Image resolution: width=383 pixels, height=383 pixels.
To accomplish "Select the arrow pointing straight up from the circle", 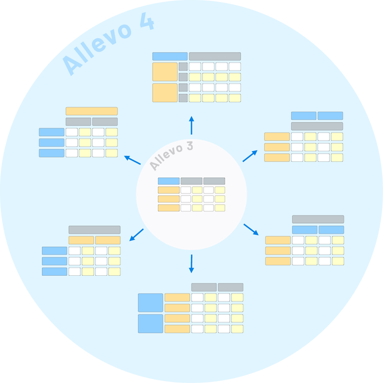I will click(x=191, y=125).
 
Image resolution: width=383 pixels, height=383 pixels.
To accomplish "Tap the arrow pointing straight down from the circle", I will click(x=191, y=264).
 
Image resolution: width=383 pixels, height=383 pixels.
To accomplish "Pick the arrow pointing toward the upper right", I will click(x=250, y=156).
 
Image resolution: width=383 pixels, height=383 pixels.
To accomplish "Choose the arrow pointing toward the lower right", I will click(x=251, y=229).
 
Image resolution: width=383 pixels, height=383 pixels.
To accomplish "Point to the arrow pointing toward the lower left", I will click(x=136, y=235).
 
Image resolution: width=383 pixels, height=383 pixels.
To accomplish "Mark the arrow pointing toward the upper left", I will click(x=132, y=160).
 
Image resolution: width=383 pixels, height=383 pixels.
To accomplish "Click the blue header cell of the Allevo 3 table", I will click(x=169, y=181).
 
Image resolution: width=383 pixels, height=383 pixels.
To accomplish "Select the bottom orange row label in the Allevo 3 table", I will click(x=169, y=208).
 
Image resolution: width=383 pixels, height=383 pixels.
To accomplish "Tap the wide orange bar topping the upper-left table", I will click(x=91, y=111).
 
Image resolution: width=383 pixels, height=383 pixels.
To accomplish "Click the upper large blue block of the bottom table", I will click(x=150, y=303).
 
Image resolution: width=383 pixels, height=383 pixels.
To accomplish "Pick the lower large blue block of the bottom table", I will click(x=150, y=323).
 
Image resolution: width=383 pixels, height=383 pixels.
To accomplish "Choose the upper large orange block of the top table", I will click(x=165, y=72).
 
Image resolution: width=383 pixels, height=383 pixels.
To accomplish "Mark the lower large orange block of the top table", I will click(x=165, y=92).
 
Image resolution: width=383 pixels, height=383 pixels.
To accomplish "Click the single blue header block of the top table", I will click(x=170, y=56).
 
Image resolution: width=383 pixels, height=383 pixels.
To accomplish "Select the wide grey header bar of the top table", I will click(x=214, y=56).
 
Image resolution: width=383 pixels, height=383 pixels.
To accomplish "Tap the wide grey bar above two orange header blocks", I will click(x=94, y=230).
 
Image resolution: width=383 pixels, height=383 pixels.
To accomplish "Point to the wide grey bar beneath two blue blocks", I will click(x=317, y=126).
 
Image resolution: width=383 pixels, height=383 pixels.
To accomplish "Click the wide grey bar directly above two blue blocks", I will click(x=318, y=219).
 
